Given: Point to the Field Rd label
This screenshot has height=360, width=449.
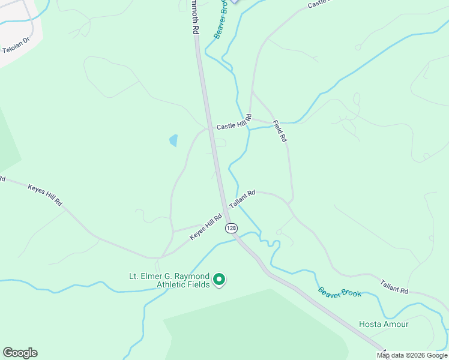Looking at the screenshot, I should (280, 131).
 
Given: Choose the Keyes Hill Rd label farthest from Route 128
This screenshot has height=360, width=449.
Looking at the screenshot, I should (45, 194).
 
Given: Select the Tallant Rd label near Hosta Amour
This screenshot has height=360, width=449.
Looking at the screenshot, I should (394, 286).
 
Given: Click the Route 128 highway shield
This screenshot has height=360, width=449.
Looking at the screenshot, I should (232, 228).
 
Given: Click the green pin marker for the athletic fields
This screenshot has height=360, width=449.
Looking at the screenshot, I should (220, 279).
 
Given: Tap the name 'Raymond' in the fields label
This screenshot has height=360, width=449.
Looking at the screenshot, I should (193, 276).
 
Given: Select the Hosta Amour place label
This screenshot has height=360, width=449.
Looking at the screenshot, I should (384, 324).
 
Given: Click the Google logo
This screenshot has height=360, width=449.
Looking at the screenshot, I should (20, 353).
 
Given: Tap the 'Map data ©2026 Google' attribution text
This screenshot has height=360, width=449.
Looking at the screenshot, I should (412, 355).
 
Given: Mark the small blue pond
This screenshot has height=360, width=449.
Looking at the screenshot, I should (173, 141).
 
